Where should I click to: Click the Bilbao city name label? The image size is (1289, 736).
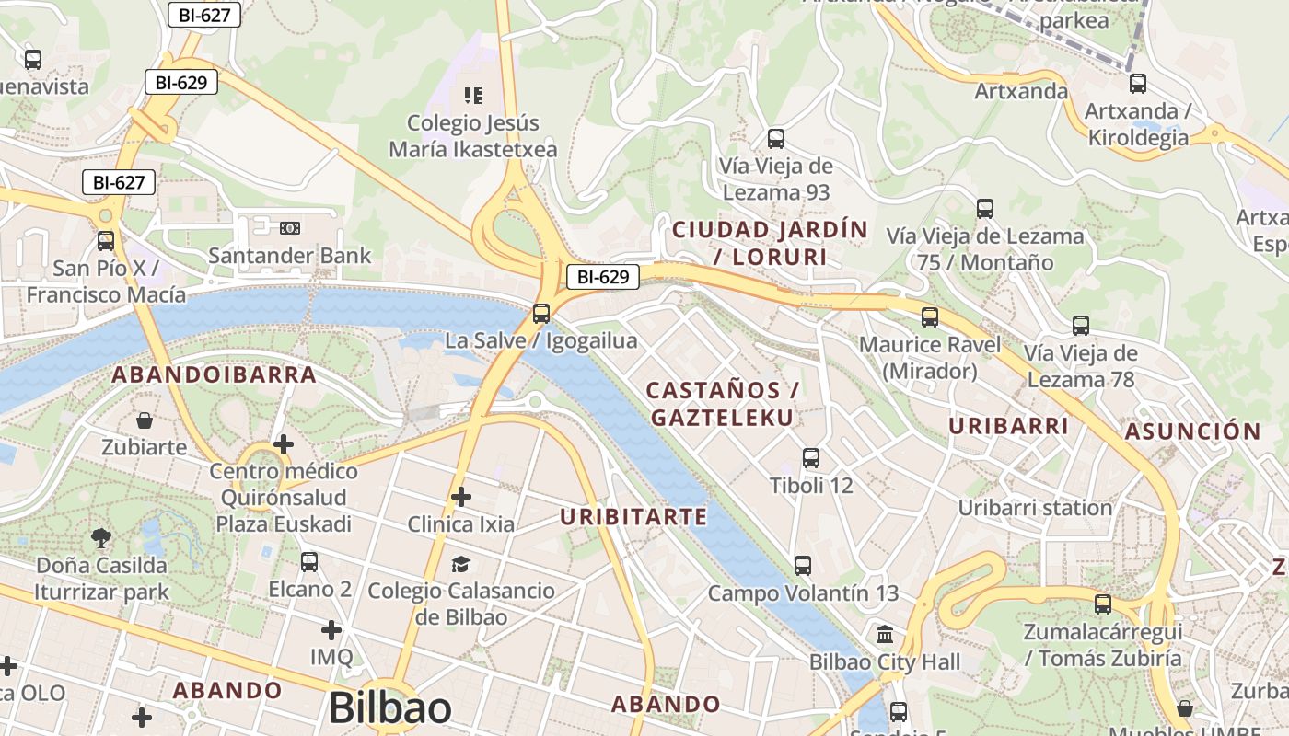tap(389, 708)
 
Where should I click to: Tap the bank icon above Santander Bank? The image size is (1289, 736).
tap(290, 227)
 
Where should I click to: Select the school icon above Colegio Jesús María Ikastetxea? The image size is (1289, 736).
tap(473, 95)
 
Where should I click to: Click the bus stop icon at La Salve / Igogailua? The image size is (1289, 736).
tap(541, 313)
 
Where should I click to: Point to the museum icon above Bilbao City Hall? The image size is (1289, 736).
tap(885, 634)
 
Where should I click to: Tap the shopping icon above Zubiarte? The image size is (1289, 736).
tap(145, 420)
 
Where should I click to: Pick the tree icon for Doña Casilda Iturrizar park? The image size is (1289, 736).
tap(101, 537)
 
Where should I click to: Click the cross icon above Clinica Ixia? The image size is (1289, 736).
tap(461, 497)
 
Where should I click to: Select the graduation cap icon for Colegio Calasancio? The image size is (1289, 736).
tap(460, 563)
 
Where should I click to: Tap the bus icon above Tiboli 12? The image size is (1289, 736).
tap(811, 457)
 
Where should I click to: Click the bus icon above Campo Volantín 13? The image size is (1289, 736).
tap(803, 566)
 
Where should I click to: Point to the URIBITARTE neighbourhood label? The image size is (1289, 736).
tap(633, 517)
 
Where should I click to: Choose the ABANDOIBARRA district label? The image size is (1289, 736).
tap(215, 375)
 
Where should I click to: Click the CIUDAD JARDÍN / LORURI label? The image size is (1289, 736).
tap(771, 243)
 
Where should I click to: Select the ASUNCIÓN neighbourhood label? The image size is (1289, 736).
tap(1192, 431)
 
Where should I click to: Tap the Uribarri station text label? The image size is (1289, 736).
tap(1035, 508)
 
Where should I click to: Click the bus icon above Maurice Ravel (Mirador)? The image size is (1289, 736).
tap(930, 317)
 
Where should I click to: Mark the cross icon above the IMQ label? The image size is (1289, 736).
tap(331, 630)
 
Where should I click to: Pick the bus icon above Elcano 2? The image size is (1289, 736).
tap(309, 561)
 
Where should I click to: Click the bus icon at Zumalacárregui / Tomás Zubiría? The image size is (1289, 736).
tap(1103, 604)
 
